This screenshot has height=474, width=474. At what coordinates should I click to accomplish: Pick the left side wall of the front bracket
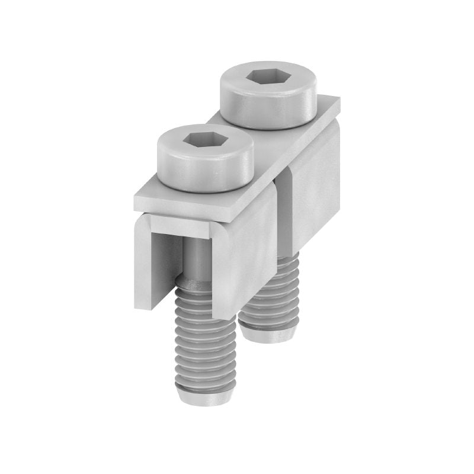tap(142, 261)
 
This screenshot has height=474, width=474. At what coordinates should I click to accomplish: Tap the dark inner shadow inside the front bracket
tap(166, 261)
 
